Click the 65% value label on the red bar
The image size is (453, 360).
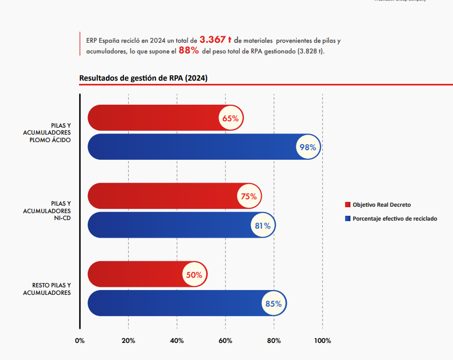click(x=231, y=119)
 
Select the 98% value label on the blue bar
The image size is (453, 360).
click(x=308, y=147)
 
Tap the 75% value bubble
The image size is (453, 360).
click(x=249, y=197)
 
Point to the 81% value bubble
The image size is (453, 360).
click(x=262, y=226)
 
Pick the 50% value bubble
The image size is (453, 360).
click(x=194, y=275)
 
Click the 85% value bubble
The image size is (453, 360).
click(x=274, y=304)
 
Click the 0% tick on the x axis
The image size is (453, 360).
click(x=80, y=341)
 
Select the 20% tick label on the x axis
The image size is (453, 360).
click(x=128, y=341)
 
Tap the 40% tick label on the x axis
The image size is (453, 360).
click(x=177, y=341)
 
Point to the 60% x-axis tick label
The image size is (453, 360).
click(x=225, y=341)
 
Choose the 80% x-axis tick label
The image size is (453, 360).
click(x=274, y=341)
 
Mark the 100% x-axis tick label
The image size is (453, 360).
click(x=323, y=341)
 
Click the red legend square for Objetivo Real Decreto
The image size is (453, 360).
click(x=348, y=205)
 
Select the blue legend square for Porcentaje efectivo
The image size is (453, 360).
click(x=348, y=218)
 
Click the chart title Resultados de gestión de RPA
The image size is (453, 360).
click(x=143, y=78)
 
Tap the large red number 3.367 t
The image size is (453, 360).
click(x=215, y=40)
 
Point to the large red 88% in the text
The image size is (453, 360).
click(x=189, y=51)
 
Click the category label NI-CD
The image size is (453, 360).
click(x=63, y=218)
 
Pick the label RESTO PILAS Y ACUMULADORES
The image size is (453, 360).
click(x=47, y=289)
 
